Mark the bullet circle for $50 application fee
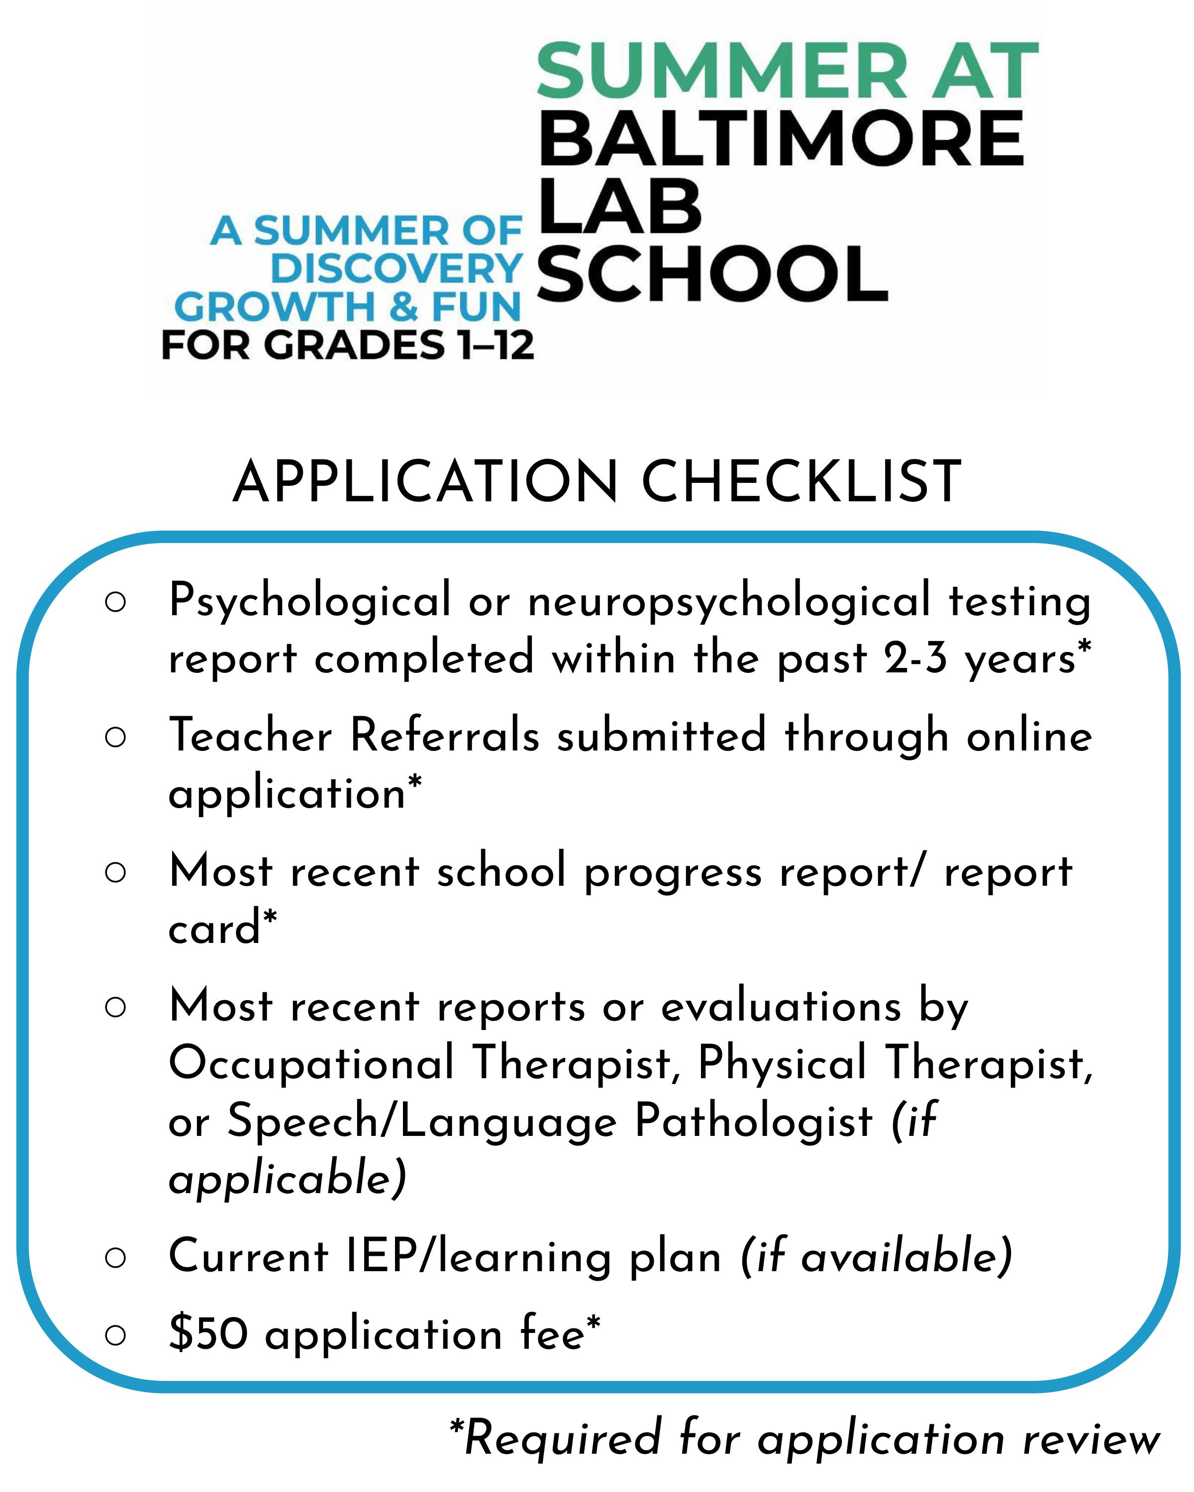point(115,1334)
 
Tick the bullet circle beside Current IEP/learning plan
point(115,1257)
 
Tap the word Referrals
point(444,736)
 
